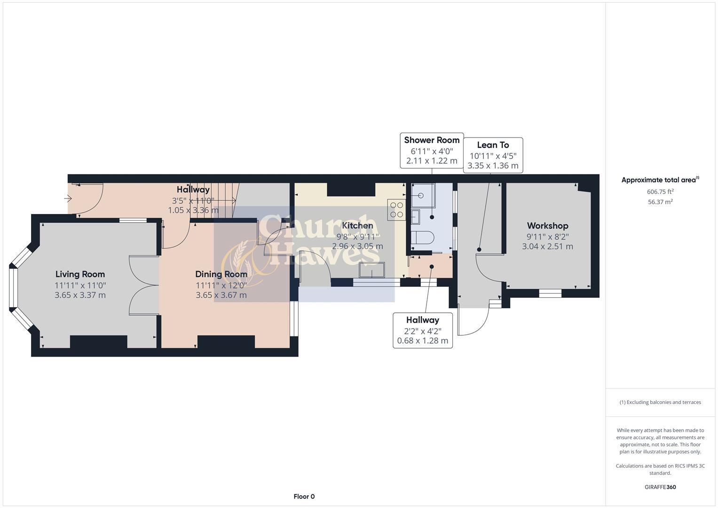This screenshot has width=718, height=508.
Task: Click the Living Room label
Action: (80, 274)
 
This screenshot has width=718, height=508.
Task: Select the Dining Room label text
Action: (221, 274)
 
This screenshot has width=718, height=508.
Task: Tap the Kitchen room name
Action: (357, 225)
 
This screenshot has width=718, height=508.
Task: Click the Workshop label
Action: (547, 226)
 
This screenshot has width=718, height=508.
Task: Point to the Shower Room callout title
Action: (432, 140)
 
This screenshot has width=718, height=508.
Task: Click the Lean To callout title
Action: (493, 145)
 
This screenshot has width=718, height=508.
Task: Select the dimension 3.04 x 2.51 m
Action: (547, 246)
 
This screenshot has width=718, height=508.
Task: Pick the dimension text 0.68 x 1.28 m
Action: (422, 341)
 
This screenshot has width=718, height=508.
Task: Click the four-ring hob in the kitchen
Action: (396, 210)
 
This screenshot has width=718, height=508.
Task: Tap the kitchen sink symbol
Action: (371, 270)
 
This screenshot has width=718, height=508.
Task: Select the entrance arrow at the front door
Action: (68, 198)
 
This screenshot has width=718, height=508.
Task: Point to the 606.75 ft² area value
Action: (660, 191)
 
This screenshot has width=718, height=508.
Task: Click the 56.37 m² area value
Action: (660, 202)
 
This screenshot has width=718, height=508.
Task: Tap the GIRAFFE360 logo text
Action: (660, 487)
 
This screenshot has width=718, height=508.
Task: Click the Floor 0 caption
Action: (304, 497)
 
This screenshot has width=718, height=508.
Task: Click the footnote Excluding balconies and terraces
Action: (660, 402)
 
